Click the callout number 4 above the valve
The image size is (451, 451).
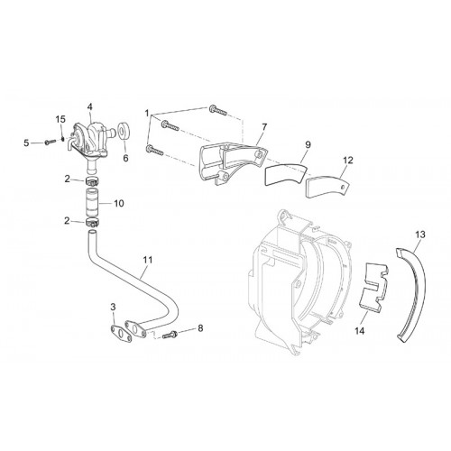point(90,106)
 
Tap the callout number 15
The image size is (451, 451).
point(60,119)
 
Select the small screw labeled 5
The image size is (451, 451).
point(50,142)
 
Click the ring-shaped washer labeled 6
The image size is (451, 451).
point(124,132)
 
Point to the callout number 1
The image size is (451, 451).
point(147,114)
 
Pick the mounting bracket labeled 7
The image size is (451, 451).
point(232,164)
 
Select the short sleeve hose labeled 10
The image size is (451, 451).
point(93,203)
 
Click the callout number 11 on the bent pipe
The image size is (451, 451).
point(148,260)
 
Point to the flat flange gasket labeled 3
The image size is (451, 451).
point(121,333)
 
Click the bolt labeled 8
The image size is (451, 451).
point(170,335)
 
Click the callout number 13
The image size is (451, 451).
point(420,235)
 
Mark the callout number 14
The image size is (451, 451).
point(360,331)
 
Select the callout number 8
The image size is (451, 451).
point(200,328)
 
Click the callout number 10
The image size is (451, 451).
point(119,203)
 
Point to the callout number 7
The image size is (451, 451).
point(264,127)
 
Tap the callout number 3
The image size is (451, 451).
point(113,307)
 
